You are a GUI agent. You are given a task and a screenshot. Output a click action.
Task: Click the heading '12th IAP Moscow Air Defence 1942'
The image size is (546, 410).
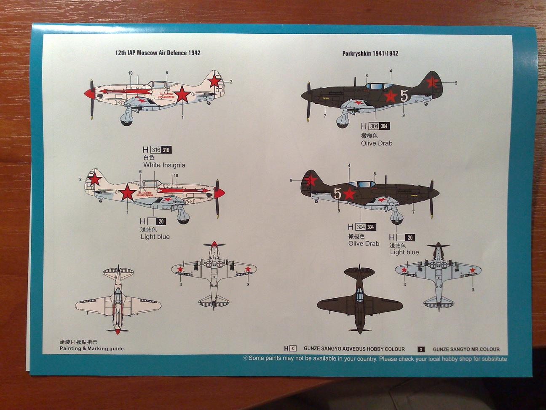click(x=158, y=53)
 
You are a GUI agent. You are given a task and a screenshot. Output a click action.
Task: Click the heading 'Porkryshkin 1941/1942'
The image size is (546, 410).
click(x=370, y=53)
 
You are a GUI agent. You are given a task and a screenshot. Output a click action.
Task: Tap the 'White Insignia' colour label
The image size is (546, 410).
click(x=164, y=165)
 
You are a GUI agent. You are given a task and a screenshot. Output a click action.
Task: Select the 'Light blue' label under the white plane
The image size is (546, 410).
click(x=155, y=237)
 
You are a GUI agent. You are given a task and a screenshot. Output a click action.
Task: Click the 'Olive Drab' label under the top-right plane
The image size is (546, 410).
click(x=376, y=143)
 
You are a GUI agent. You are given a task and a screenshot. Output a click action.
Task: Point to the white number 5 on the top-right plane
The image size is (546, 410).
click(x=404, y=96)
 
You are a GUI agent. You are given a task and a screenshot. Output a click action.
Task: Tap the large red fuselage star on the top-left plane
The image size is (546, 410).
click(x=182, y=94)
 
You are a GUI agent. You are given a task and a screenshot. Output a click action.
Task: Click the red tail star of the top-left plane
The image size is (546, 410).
click(x=215, y=81)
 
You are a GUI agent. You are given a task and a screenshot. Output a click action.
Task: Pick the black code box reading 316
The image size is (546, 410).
click(x=166, y=150)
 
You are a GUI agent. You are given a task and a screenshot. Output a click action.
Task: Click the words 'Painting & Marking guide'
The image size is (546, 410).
click(x=91, y=348)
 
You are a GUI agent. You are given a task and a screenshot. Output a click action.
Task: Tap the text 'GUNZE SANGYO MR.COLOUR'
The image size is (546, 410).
click(x=466, y=349)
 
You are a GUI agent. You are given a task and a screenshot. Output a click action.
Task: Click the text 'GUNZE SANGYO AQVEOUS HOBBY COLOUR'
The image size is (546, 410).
click(x=354, y=349)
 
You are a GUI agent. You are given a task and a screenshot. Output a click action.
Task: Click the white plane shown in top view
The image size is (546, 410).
click(x=118, y=300)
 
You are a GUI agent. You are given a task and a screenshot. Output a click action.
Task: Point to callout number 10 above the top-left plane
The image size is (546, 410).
click(x=130, y=73)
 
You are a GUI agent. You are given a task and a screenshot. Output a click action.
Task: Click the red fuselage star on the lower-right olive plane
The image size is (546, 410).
click(x=349, y=194)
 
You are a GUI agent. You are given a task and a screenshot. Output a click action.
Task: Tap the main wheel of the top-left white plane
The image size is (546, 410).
click(x=126, y=120)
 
